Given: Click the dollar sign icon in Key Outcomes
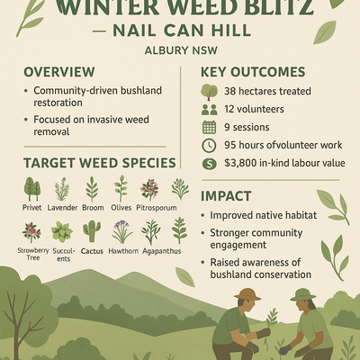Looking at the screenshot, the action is [x=209, y=164].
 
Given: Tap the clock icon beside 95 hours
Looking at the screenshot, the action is [x=209, y=146].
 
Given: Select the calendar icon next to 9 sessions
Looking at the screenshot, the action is [x=209, y=127].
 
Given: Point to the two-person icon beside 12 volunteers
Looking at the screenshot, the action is [x=209, y=110].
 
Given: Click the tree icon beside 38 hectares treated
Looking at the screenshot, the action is [x=209, y=92].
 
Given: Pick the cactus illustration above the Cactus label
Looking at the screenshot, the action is [x=92, y=231].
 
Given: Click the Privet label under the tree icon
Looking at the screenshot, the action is [x=31, y=208].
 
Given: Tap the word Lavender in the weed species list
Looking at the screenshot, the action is [x=62, y=208].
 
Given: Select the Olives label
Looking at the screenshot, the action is [x=121, y=208].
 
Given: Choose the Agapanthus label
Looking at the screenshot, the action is [x=162, y=251].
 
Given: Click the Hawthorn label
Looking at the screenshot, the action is [x=123, y=251].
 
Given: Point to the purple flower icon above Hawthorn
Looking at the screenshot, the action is [x=122, y=231].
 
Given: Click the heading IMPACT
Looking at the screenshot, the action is [x=226, y=196].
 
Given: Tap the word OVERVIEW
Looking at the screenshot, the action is [x=59, y=72].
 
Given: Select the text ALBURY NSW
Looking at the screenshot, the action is [x=181, y=50].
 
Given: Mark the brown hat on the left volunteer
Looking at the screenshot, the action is [x=247, y=294].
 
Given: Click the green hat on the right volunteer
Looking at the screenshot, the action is [x=303, y=294].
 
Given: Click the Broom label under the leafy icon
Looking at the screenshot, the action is [x=93, y=208].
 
